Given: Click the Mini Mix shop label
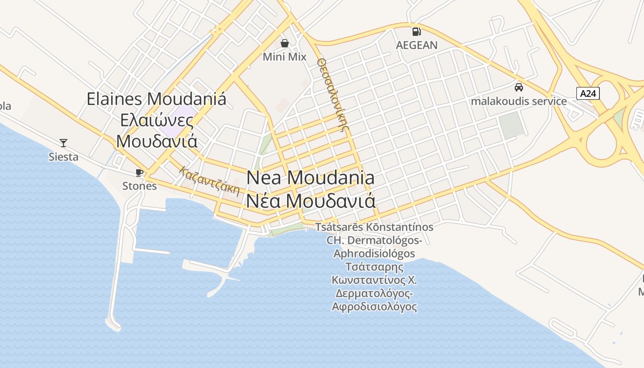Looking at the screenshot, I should pos(284,57).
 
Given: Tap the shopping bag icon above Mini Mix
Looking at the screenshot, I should pos(285,43).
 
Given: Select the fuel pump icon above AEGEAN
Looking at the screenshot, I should pos(416,31).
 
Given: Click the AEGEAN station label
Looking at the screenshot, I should pos(417,45).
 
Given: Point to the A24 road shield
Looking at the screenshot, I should pos(588,93).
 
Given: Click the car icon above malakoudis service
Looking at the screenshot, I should pos(518,87).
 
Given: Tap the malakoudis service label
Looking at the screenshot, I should pos(518,101).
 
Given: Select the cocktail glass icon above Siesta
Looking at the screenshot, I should pos(63,143).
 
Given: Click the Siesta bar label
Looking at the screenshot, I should pos(63,157).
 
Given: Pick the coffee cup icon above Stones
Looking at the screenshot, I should pos(139,172).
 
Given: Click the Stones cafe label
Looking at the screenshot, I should pos(139,186).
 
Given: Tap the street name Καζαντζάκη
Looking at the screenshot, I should pos(210,181).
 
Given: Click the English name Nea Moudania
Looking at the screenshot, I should pos(310,178).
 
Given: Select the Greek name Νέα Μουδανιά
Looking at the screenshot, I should pos(310,201).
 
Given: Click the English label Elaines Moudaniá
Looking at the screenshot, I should pos(156,99).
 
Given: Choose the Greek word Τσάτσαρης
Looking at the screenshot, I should pos(374,267).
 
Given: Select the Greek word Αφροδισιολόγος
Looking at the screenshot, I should pos(374,306).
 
